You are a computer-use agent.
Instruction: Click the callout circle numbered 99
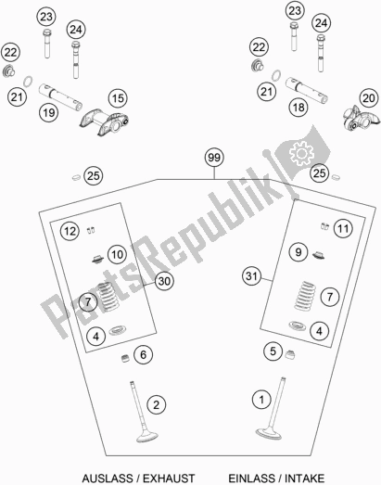pyautogui.click(x=214, y=158)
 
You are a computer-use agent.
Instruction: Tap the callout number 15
pyautogui.click(x=118, y=98)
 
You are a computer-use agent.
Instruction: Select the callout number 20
pyautogui.click(x=369, y=98)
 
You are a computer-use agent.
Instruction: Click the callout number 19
pyautogui.click(x=49, y=112)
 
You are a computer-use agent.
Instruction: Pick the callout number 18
pyautogui.click(x=298, y=108)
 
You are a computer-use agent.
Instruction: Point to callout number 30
pyautogui.click(x=164, y=281)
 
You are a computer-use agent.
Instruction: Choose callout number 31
pyautogui.click(x=251, y=275)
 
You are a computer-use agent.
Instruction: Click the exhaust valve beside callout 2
pyautogui.click(x=143, y=412)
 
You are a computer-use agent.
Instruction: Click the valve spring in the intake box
pyautogui.click(x=305, y=296)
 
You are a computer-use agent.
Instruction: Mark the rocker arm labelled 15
pyautogui.click(x=105, y=122)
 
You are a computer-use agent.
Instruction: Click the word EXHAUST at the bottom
pyautogui.click(x=169, y=479)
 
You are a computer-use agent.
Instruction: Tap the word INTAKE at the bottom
pyautogui.click(x=305, y=479)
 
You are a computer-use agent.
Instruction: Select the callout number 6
pyautogui.click(x=143, y=354)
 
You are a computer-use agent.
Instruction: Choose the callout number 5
pyautogui.click(x=273, y=351)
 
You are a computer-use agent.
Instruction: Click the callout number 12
pyautogui.click(x=70, y=231)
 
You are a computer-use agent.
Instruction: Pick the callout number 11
pyautogui.click(x=343, y=228)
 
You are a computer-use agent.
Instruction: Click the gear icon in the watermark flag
pyautogui.click(x=301, y=153)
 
